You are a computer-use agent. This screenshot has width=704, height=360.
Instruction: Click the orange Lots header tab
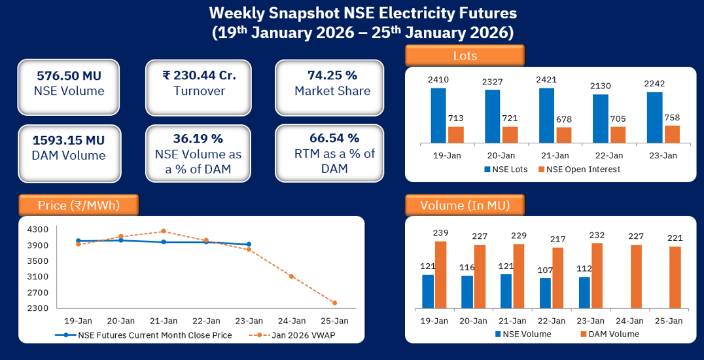(x=465, y=56)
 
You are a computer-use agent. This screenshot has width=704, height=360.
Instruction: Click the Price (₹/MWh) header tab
(x=79, y=206)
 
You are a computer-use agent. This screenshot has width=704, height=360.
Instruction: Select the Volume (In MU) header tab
(x=465, y=206)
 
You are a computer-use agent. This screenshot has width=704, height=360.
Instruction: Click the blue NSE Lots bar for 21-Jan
(x=546, y=115)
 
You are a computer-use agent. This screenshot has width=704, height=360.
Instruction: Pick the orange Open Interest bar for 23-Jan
(x=672, y=134)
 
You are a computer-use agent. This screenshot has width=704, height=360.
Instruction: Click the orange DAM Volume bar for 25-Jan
(x=675, y=278)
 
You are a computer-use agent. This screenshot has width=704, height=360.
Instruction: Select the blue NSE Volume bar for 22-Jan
(x=545, y=293)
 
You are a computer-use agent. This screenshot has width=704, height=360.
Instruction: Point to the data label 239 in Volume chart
(x=440, y=233)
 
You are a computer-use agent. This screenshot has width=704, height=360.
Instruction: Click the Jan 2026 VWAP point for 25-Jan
(x=334, y=303)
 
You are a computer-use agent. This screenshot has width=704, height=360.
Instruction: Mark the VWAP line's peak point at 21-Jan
(x=163, y=231)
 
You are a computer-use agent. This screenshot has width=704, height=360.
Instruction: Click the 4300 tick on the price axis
(x=38, y=229)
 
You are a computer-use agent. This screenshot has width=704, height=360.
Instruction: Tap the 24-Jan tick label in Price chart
(x=291, y=321)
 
